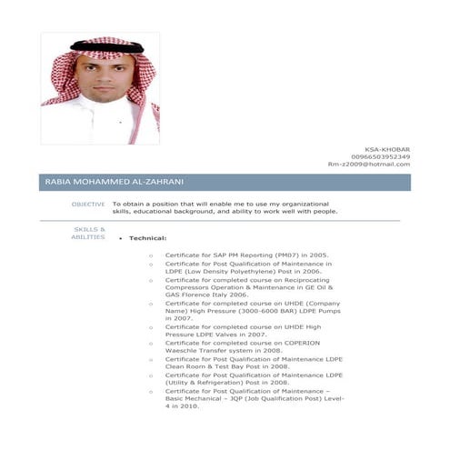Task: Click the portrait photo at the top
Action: point(100,88)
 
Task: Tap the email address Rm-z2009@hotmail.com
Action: point(368,165)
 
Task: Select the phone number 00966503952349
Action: point(380,156)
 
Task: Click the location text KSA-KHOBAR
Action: point(387,148)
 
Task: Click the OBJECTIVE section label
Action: point(88,204)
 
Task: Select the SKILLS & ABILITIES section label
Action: point(88,233)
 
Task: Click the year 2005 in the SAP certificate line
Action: point(318,255)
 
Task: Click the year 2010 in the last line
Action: point(188,406)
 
